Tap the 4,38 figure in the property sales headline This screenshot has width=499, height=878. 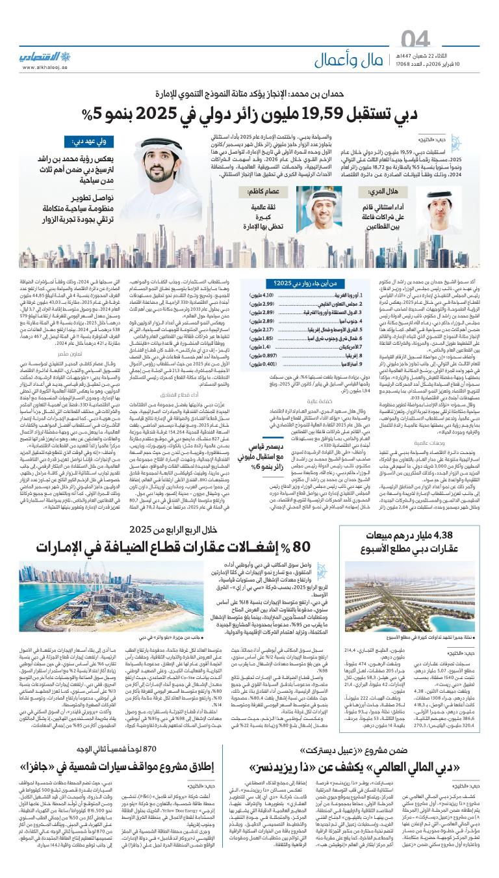tap(463, 553)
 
